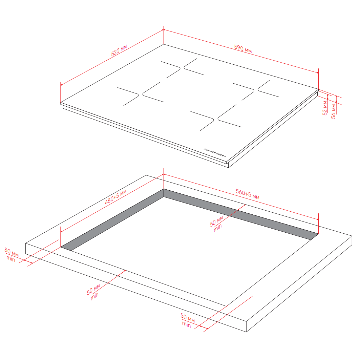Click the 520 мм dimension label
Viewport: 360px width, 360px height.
pos(119,50)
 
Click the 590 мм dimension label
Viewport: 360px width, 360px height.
pos(243,49)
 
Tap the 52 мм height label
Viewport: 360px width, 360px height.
pos(325,108)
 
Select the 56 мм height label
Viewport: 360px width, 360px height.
pos(333,111)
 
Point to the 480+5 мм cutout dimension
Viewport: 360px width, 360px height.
pos(116,197)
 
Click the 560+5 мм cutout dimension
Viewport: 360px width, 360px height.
pos(248,194)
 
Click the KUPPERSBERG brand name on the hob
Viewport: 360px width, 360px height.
pos(215,153)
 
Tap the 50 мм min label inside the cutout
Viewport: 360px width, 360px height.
pos(216,224)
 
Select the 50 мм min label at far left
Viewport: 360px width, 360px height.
pos(11,255)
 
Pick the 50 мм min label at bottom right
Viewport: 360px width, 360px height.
pos(187,320)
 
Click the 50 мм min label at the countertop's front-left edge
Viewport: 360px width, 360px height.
pos(94,292)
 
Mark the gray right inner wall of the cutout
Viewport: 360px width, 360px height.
pos(241,214)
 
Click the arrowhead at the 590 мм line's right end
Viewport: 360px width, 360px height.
pos(318,73)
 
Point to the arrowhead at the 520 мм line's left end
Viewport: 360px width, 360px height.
pos(61,85)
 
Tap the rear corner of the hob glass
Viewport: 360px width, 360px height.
pos(164,44)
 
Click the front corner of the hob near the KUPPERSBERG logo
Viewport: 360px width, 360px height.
pos(227,162)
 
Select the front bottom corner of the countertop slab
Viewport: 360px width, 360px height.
pos(246,332)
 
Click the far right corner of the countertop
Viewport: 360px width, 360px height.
pos(352,236)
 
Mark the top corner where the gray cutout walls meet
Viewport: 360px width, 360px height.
pos(164,189)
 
